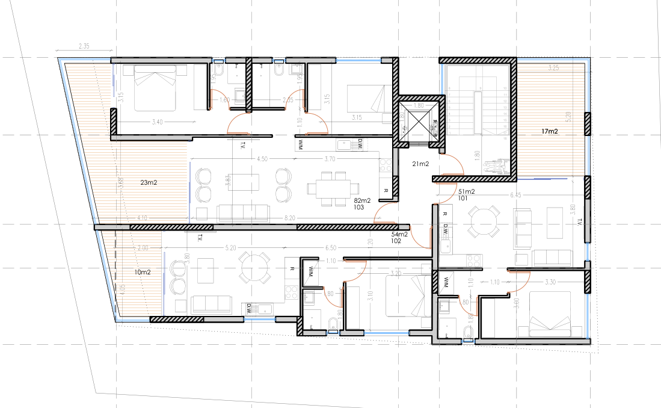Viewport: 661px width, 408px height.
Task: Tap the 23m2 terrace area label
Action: tap(148, 182)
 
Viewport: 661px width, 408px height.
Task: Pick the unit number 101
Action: tap(463, 198)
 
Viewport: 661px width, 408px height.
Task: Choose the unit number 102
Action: tap(396, 241)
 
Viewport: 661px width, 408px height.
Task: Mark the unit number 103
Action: tap(359, 206)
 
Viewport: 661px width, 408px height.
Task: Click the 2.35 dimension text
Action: tap(84, 45)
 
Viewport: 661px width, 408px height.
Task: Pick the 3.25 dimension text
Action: tap(553, 68)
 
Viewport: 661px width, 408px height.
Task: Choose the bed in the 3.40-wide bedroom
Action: tap(156, 89)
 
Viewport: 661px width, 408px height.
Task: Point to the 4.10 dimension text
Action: tap(142, 218)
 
